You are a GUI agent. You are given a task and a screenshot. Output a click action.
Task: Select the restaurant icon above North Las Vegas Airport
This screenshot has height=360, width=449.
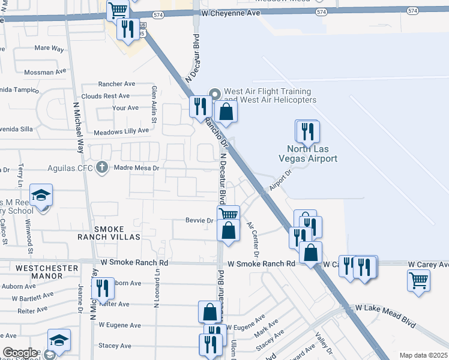pos(307,131)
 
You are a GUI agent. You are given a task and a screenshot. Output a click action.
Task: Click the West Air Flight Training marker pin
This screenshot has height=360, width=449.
pos(215,93)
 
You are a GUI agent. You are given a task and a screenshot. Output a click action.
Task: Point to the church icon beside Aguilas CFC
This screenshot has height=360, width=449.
pos(103,167)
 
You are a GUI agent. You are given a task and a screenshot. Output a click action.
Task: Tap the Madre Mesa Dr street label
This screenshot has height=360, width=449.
pos(136,169)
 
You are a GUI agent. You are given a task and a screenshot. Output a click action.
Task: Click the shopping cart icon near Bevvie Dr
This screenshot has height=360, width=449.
pos(228,214)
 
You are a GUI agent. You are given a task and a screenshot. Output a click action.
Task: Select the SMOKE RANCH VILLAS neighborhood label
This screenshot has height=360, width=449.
pos(116,233)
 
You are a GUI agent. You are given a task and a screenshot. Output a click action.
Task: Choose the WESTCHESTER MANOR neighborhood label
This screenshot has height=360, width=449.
pos(47,272)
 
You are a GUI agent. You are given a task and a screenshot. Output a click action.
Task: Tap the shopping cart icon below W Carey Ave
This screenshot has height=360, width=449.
pos(418,279)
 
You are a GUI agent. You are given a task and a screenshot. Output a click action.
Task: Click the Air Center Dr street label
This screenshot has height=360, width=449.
pos(252,239)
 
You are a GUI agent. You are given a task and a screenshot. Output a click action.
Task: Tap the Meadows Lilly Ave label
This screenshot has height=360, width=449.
pos(121,131)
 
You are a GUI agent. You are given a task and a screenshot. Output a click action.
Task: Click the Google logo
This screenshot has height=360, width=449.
pos(20,353)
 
